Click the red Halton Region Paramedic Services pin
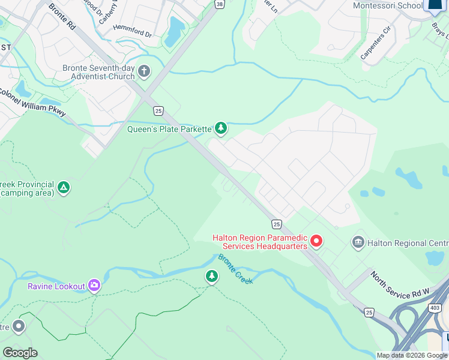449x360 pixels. click(x=316, y=241)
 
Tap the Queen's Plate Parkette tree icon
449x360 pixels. click(x=221, y=128)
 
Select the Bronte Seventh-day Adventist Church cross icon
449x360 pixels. click(x=144, y=72)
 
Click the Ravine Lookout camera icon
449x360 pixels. click(x=94, y=286)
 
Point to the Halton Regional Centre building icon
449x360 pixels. click(x=358, y=242)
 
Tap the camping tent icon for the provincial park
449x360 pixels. click(x=64, y=188)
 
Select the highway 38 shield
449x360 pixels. click(x=219, y=4)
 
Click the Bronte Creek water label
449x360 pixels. click(x=235, y=269)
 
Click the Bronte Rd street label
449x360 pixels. click(x=62, y=18)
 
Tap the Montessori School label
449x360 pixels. click(x=388, y=5)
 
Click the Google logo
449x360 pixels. click(x=20, y=352)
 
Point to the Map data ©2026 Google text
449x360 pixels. click(x=412, y=355)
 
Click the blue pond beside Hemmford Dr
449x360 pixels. click(x=176, y=31)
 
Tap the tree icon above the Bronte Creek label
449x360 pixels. click(x=211, y=276)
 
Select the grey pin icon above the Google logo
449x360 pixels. click(x=19, y=326)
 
